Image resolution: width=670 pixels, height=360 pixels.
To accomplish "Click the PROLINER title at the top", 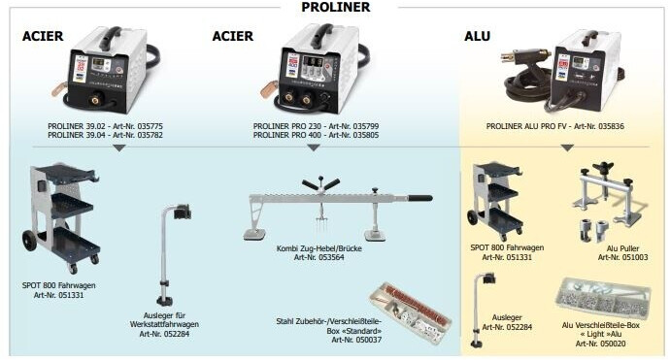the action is pos(335,7).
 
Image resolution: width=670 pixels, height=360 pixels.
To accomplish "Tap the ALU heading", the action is pos(477,36).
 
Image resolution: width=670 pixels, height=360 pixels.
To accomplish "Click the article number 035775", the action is pos(150,126).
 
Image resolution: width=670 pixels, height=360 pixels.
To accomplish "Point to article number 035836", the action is pos(611,126).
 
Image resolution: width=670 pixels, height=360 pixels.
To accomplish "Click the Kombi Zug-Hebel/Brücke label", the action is pos(318,248).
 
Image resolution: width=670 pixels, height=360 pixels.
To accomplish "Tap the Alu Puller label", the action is pos(622,248).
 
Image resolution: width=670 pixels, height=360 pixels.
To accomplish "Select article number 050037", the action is pos(368,340).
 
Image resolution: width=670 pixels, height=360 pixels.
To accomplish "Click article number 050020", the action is pos(612,344).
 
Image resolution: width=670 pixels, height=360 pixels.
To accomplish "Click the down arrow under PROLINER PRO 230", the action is pos(314,147).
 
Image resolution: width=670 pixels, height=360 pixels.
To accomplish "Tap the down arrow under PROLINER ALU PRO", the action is pos(567,147).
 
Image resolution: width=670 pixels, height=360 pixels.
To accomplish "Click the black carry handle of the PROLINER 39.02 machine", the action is pos(110,37).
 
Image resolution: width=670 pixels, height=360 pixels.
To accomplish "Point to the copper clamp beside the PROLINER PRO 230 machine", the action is pos(268,89).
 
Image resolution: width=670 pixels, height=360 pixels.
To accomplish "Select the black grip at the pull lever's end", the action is pos(420,198).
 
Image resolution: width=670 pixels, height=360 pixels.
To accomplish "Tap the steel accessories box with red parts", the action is pos(410,312).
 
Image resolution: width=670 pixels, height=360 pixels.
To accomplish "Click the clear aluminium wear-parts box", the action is pos(603,298).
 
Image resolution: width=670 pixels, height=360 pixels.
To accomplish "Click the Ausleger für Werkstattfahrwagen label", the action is pos(164,324).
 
